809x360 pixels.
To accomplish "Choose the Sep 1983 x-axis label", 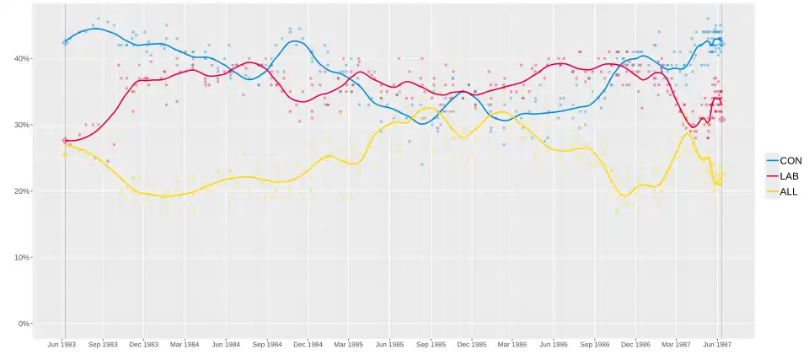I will [104, 345].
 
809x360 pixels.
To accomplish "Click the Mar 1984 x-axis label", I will [185, 345].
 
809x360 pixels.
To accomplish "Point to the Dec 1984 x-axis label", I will [308, 345].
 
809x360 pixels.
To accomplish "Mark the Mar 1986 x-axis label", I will [512, 345].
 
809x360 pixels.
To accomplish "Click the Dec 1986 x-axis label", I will [635, 345].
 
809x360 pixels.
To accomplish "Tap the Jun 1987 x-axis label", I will [716, 345].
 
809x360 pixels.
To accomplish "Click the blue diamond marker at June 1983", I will [65, 42].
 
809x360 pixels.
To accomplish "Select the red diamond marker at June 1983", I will [65, 141].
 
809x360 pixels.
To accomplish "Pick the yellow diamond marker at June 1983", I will [65, 154].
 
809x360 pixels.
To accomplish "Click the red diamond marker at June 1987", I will [722, 120].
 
